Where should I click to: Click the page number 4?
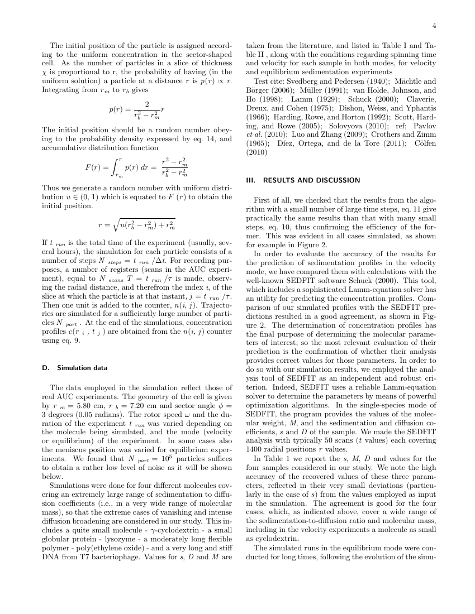[433, 25]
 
